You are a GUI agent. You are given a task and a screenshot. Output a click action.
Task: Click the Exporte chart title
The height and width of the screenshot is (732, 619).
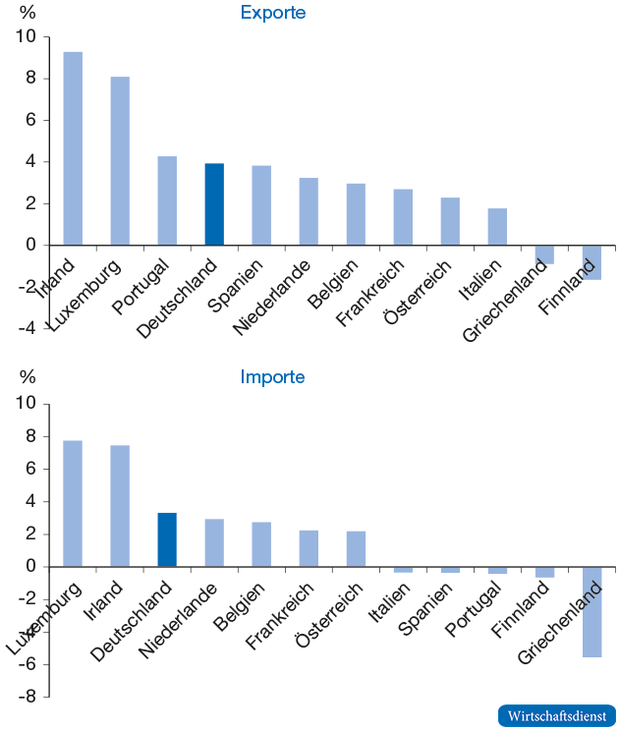click(x=273, y=13)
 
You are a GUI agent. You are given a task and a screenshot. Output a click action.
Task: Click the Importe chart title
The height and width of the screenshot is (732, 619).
click(x=273, y=377)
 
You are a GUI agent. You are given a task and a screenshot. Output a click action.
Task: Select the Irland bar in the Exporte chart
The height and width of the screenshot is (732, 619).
click(x=73, y=147)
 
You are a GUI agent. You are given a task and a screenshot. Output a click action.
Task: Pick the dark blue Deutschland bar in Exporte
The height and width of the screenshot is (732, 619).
click(x=214, y=204)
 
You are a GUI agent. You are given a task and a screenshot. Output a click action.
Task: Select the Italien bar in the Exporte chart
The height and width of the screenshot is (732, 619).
click(x=497, y=227)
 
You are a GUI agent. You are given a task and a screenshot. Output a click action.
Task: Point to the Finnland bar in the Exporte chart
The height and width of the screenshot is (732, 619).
click(x=591, y=262)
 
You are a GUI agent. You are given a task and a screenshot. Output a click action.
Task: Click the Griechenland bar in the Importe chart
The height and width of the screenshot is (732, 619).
click(x=591, y=611)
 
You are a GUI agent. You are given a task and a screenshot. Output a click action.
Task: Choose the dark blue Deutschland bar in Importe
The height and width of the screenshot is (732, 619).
click(x=167, y=539)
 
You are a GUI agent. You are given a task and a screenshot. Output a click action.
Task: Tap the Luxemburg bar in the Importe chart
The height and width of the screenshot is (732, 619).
click(x=73, y=503)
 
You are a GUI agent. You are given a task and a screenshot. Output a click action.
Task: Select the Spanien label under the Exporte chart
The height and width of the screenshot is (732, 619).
click(x=234, y=285)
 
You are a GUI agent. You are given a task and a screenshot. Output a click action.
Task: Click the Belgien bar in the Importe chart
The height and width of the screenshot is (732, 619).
click(x=261, y=544)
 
